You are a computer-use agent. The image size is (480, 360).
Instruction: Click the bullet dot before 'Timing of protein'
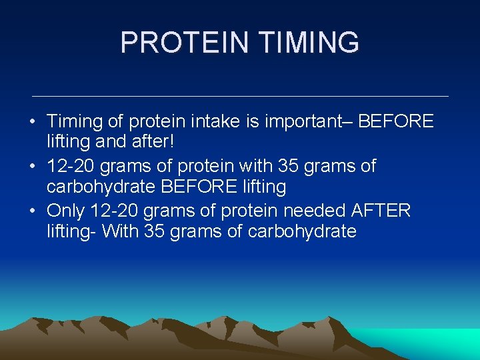(32, 123)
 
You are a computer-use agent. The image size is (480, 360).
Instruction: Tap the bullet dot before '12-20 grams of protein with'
(32, 167)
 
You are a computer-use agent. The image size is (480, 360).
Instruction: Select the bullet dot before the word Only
(32, 211)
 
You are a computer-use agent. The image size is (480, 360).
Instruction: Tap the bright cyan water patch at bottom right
(440, 343)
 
